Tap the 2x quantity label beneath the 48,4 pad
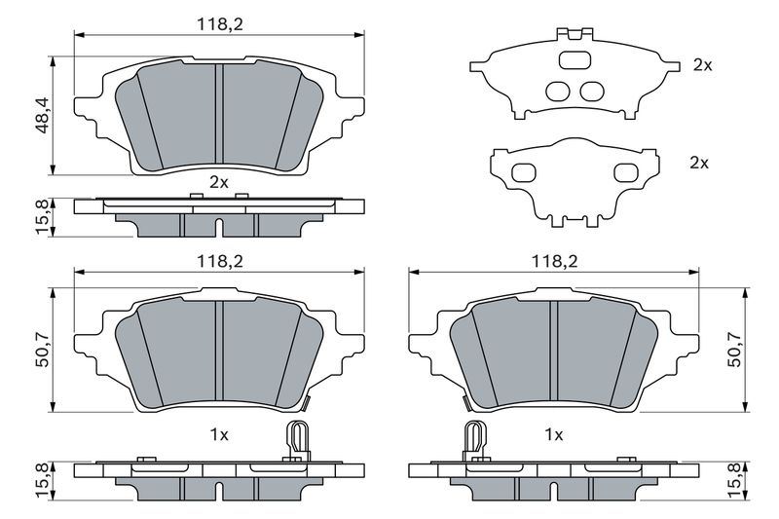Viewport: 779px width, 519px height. click(x=219, y=181)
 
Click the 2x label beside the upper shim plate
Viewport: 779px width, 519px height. click(x=702, y=65)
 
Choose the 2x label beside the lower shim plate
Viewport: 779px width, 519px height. click(x=698, y=163)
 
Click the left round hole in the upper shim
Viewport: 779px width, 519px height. click(x=558, y=92)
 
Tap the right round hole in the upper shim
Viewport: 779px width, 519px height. click(x=590, y=92)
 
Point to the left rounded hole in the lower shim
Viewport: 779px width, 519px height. click(x=523, y=172)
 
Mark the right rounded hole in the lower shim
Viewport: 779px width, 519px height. click(x=625, y=172)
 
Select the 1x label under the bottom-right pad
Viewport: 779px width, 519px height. click(x=554, y=433)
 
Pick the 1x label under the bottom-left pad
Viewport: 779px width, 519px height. click(x=219, y=433)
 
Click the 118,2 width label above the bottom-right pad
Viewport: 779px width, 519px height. click(x=553, y=260)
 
